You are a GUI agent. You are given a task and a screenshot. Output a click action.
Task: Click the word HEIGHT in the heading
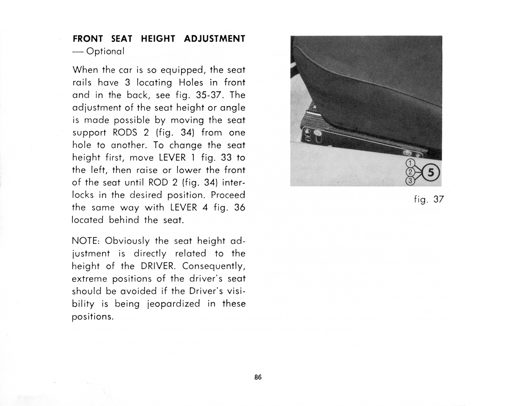tap(158, 39)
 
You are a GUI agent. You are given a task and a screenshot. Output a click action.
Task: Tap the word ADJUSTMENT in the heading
tap(214, 39)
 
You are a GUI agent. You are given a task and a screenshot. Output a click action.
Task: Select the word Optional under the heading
tap(105, 52)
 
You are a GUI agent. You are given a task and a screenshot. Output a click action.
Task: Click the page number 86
tap(258, 377)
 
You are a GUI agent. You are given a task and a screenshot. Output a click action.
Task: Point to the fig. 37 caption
tap(429, 200)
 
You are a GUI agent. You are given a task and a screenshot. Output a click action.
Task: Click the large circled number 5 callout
tap(431, 173)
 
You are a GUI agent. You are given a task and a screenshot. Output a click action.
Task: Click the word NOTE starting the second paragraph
tap(85, 241)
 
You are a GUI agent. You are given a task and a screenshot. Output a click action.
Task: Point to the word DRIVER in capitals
tap(157, 266)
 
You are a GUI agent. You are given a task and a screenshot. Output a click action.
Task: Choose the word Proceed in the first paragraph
tap(228, 195)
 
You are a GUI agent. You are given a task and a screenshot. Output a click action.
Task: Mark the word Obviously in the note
tap(127, 241)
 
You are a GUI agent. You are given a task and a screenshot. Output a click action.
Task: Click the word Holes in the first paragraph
tap(191, 83)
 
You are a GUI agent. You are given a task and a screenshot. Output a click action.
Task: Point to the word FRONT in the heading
tap(88, 39)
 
